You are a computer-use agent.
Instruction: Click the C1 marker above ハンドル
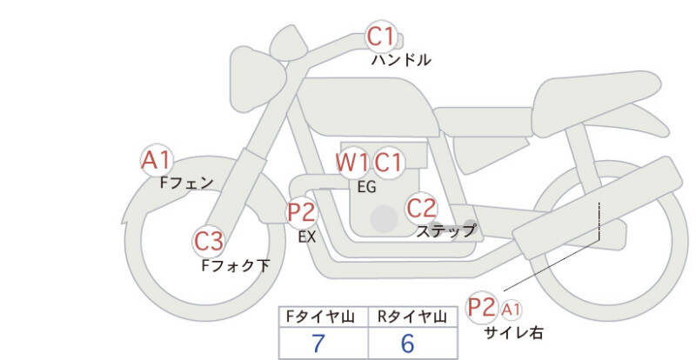click(x=381, y=37)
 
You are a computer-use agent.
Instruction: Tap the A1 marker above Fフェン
click(x=157, y=160)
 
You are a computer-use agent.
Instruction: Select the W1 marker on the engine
click(x=351, y=163)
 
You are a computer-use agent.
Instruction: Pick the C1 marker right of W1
click(x=388, y=163)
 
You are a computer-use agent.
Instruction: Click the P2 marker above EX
click(x=302, y=213)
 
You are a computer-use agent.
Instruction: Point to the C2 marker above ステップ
click(x=421, y=208)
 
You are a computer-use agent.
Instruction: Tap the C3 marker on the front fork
click(x=209, y=242)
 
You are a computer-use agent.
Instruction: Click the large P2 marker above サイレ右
click(x=482, y=307)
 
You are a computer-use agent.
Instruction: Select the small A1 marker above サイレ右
click(x=511, y=310)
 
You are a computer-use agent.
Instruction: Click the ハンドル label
click(x=401, y=60)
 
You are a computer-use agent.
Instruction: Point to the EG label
click(x=366, y=187)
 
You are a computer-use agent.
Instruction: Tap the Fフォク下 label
click(x=235, y=265)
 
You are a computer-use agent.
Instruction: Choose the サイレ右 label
click(x=513, y=332)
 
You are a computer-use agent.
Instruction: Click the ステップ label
click(x=445, y=230)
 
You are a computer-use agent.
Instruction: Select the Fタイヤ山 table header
click(x=320, y=317)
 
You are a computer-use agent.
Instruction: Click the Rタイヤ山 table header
click(x=412, y=317)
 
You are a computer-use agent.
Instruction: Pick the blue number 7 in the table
click(x=318, y=343)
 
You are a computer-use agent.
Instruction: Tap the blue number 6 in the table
click(x=407, y=343)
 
